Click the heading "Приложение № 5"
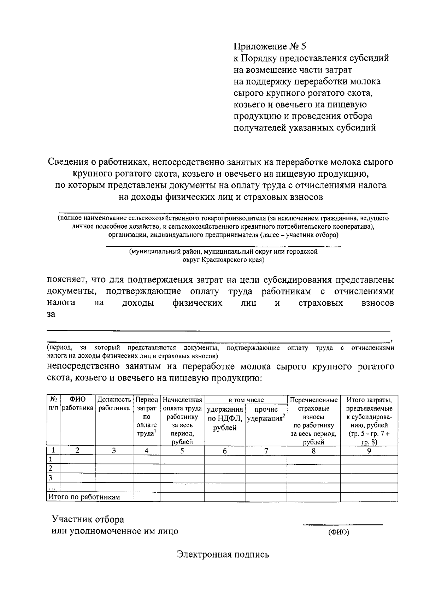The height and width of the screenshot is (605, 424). point(270,46)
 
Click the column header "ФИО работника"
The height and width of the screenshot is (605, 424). point(78,404)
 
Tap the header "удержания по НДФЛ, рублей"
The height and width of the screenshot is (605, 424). point(225,419)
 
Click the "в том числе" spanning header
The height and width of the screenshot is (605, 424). point(246,400)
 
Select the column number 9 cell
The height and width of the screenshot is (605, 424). point(369,451)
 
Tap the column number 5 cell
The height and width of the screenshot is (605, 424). point(182,451)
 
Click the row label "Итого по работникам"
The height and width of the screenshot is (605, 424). point(84,497)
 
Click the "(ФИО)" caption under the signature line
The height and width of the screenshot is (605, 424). point(338,533)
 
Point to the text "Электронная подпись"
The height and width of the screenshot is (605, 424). point(223,554)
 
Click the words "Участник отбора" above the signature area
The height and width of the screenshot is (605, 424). point(88,519)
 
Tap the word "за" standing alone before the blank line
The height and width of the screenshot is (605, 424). point(51,315)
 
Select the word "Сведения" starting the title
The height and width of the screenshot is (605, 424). point(66,162)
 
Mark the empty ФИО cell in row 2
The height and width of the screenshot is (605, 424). point(78,469)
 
